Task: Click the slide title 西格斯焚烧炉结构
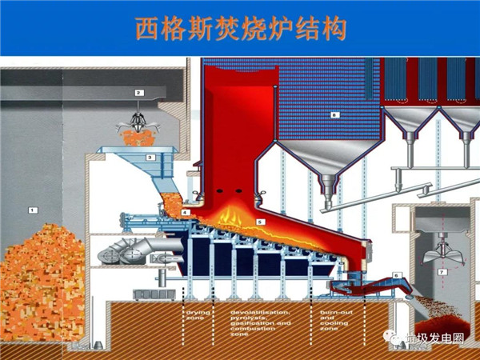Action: tap(240, 30)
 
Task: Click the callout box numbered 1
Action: tap(33, 210)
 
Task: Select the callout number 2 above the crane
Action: tap(138, 94)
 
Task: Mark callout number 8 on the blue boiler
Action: tap(335, 115)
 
